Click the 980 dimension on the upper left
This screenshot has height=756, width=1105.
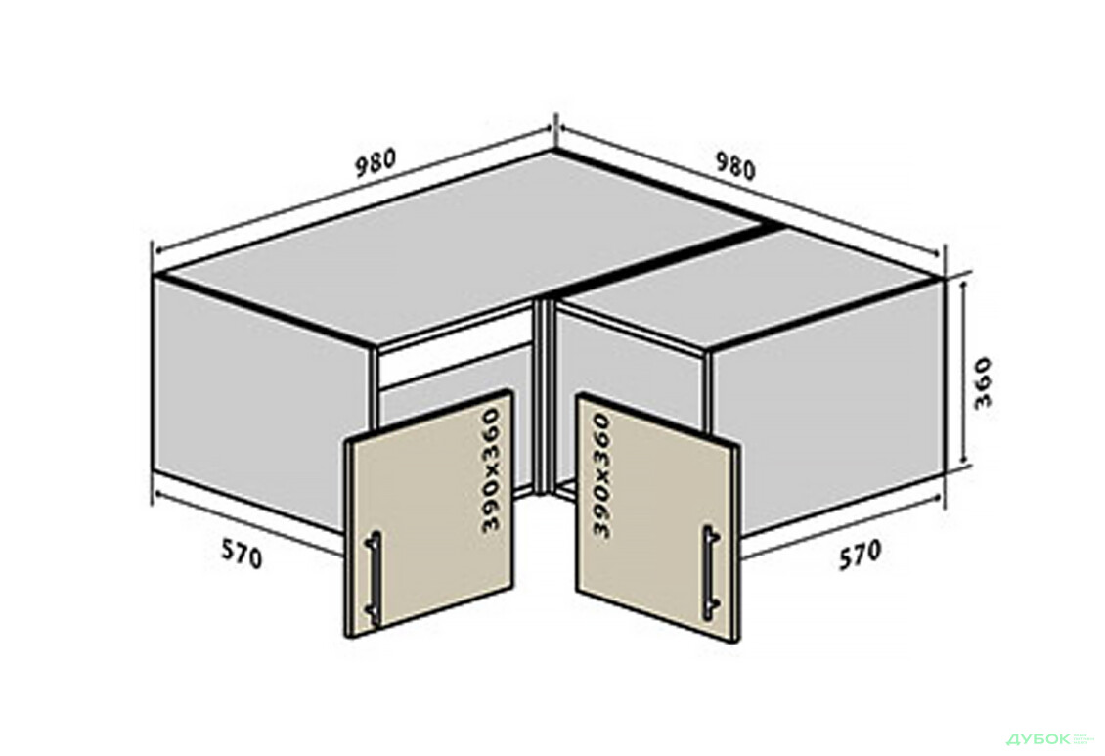375,162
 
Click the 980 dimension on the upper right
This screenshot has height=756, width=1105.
735,167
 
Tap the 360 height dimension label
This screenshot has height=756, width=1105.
982,383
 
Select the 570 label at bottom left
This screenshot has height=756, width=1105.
242,554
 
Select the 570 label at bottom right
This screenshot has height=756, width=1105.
860,554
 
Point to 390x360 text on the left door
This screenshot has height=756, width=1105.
490,469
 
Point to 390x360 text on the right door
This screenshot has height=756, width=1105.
601,475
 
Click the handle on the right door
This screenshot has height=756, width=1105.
710,573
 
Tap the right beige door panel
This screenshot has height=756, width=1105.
658,517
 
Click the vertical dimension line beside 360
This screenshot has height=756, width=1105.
963,374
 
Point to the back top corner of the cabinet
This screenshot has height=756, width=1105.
553,151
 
